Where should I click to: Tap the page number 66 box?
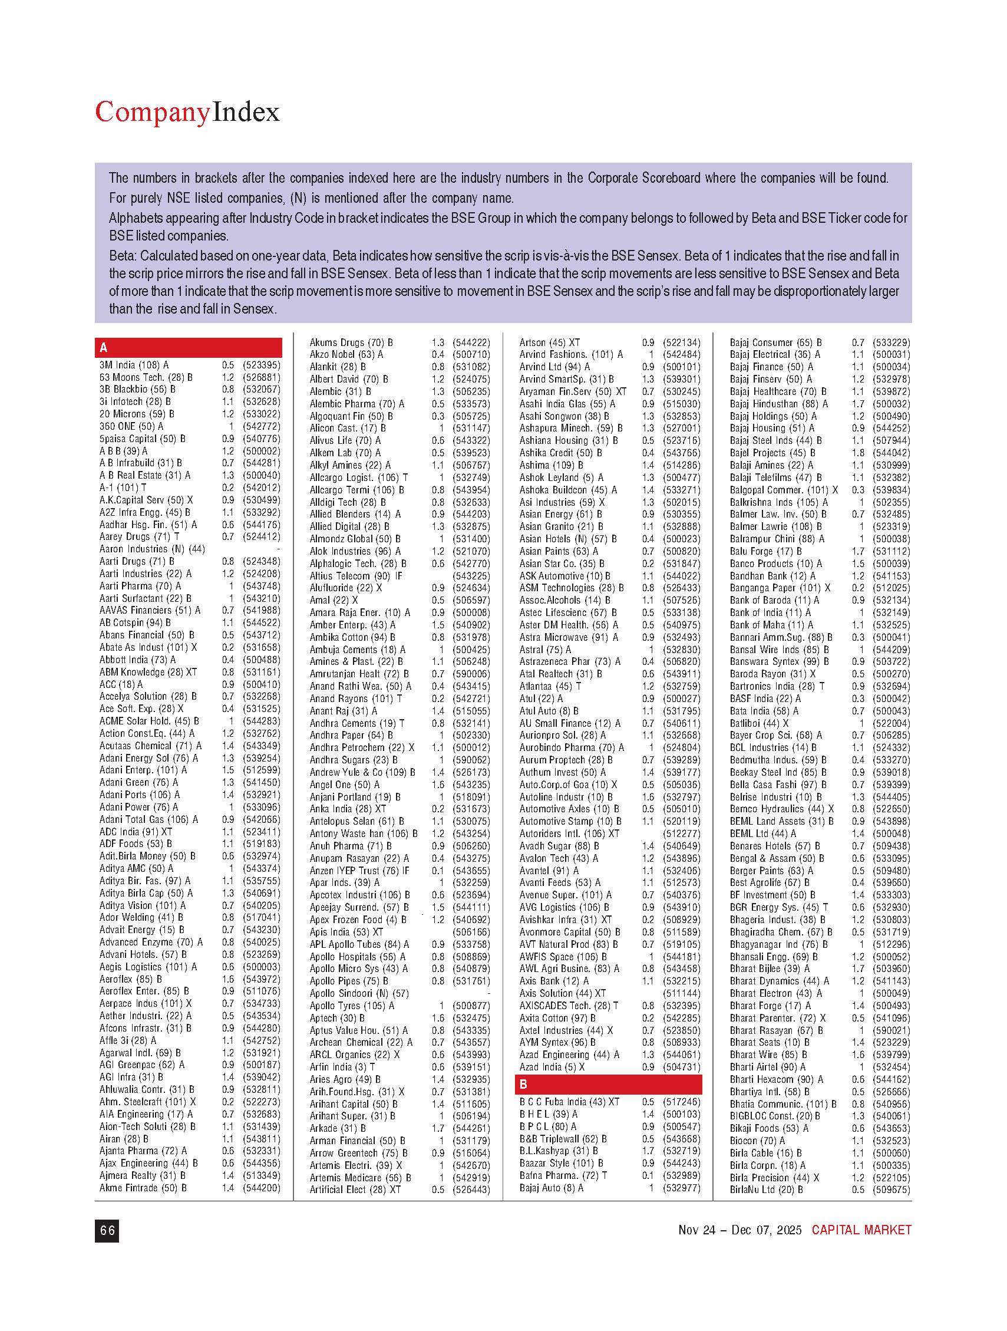tap(107, 1231)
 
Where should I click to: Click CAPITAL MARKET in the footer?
tap(861, 1230)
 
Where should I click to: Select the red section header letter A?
tap(104, 348)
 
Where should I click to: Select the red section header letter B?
tap(523, 1084)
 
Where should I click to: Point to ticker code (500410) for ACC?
tap(261, 684)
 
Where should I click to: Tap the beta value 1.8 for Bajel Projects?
tap(858, 453)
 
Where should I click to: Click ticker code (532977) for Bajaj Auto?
tap(681, 1188)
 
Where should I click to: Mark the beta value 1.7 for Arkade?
tap(438, 1128)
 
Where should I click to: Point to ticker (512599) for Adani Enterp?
tap(261, 770)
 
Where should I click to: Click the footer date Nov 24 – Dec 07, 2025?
tap(739, 1230)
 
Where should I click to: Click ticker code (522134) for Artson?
tap(681, 342)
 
